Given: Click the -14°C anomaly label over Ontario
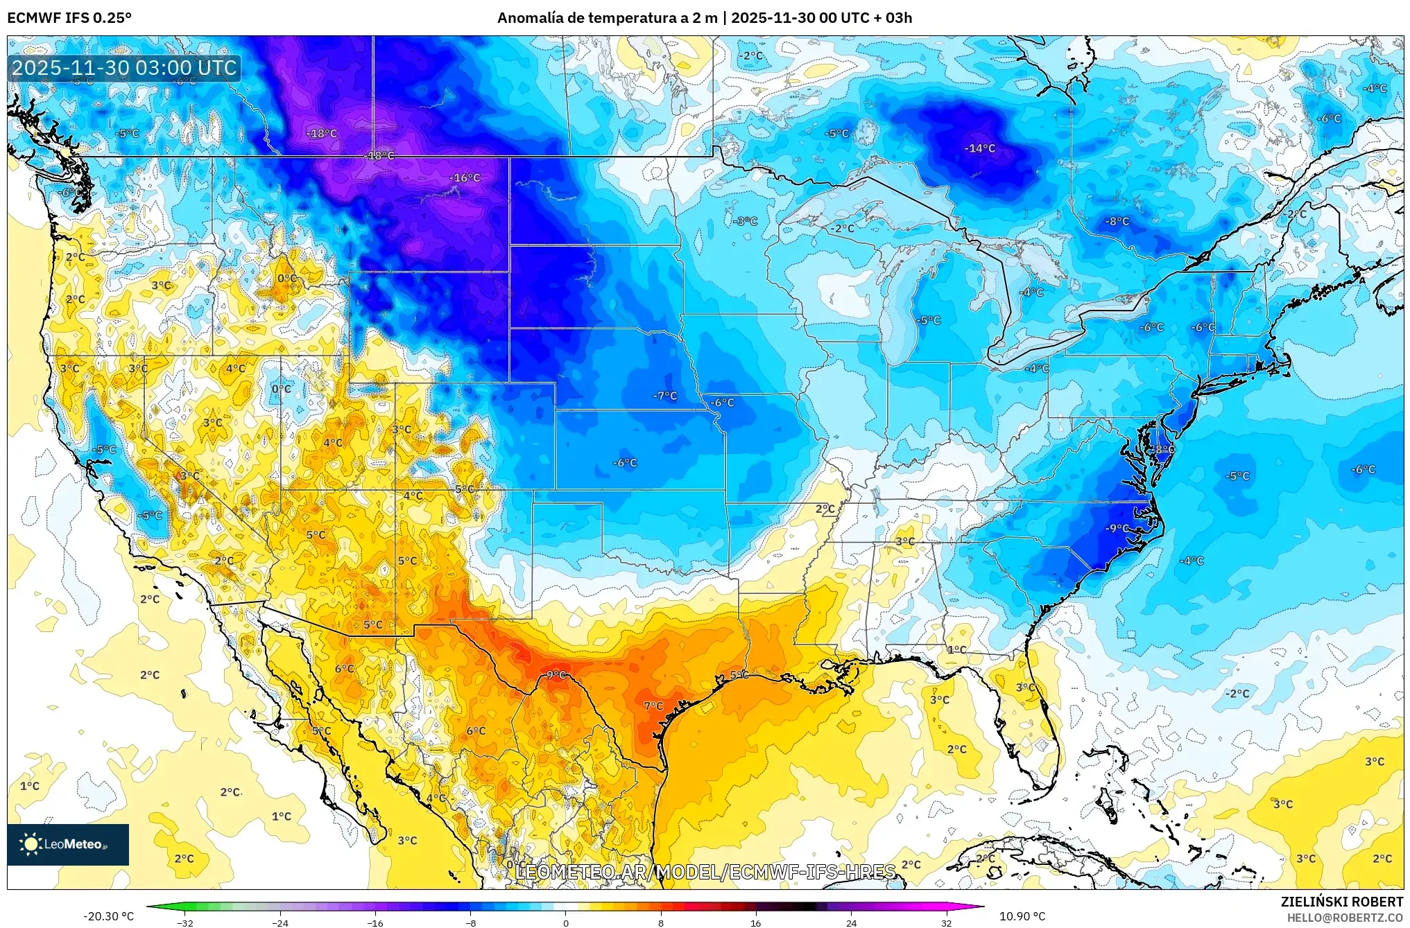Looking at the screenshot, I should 979,148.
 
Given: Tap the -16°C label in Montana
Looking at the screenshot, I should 464,178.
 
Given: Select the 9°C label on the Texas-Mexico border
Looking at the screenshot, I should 556,674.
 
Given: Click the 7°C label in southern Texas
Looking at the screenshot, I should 653,706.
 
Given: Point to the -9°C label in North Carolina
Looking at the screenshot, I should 1116,528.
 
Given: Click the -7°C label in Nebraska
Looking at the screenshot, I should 664,396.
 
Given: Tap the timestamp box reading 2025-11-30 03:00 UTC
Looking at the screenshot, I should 125,68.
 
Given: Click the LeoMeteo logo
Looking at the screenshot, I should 68,844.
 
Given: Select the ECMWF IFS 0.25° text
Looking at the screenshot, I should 69,18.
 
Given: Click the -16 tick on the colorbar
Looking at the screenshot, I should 375,922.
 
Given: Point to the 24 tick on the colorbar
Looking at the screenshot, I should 851,922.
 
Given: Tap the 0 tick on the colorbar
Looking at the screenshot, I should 566,922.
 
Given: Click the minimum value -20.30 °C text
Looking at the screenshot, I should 109,916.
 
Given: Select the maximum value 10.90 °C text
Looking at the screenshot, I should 1022,916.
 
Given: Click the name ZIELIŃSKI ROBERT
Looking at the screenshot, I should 1341,902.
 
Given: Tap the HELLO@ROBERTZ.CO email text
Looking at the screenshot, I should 1345,918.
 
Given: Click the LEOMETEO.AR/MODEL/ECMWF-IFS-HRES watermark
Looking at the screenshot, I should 705,872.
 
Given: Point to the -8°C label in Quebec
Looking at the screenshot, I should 1117,222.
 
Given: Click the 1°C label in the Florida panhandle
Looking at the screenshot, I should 956,649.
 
